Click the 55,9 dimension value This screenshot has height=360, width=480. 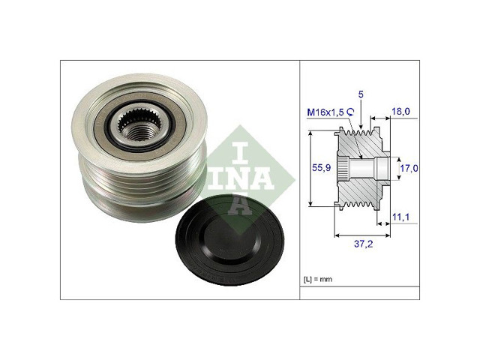[x=321, y=167]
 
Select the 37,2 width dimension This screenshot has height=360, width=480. [x=363, y=244]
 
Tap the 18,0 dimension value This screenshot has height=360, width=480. [x=400, y=112]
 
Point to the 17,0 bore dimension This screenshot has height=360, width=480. [x=409, y=168]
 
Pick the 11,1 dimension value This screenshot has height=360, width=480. [x=400, y=217]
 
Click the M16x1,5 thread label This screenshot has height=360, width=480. [x=326, y=112]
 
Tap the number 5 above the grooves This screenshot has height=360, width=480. [x=361, y=94]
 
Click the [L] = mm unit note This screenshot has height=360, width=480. [x=318, y=279]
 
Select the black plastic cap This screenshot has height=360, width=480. [x=230, y=240]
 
